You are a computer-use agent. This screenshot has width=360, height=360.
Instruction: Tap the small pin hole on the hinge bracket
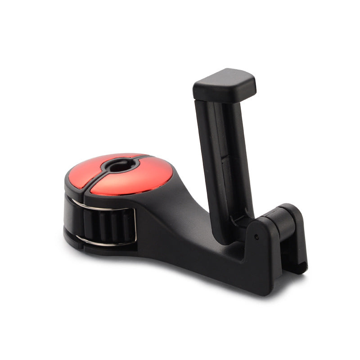[x=256, y=237]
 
